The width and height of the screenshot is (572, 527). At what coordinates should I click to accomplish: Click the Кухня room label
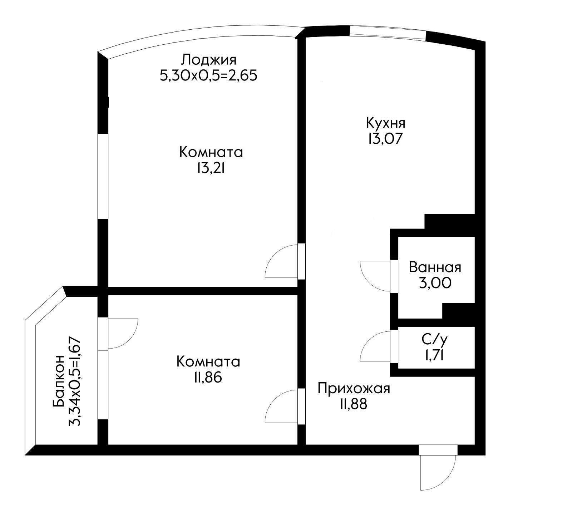[385, 123]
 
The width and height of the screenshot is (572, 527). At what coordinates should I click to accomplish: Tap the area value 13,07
[384, 139]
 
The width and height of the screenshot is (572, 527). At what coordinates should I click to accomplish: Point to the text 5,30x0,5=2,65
[209, 75]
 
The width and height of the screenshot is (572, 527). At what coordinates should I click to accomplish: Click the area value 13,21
[211, 168]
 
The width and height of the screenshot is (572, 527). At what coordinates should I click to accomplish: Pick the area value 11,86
[208, 378]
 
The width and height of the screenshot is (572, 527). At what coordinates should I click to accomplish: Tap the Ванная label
[435, 267]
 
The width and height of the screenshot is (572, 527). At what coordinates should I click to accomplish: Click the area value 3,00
[435, 283]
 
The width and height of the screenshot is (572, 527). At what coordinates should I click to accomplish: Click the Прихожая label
[354, 388]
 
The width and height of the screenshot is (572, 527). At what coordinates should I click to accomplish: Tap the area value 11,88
[354, 404]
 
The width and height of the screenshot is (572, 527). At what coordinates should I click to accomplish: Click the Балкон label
[58, 381]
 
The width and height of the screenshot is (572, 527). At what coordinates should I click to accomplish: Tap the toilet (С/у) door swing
[374, 346]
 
